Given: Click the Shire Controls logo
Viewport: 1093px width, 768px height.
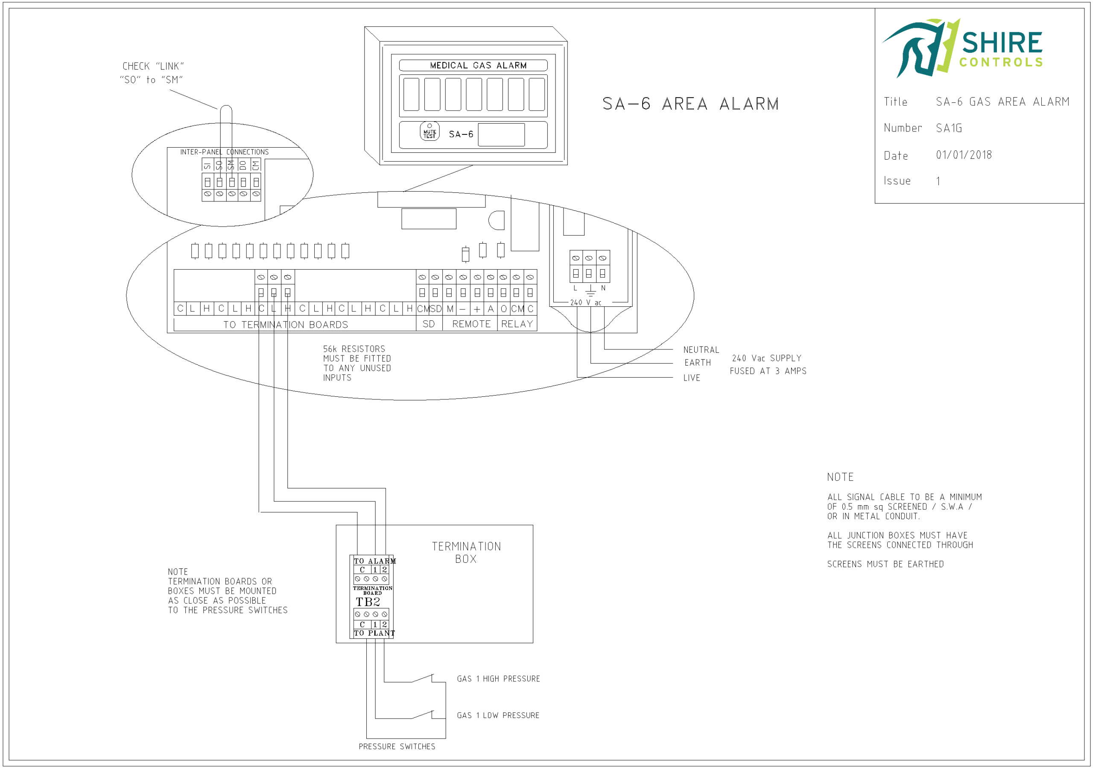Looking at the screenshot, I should coord(962,48).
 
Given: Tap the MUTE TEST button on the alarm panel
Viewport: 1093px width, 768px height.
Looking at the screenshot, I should coord(430,132).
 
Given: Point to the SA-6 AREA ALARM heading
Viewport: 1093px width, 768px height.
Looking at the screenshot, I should coord(690,104).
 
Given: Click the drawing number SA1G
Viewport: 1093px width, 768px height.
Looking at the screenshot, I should coord(949,128).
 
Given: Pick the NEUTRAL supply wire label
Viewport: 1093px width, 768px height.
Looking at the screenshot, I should coord(701,350).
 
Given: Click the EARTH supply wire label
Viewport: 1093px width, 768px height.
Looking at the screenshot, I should coord(697,363).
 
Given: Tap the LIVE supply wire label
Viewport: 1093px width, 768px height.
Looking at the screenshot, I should coord(692,378).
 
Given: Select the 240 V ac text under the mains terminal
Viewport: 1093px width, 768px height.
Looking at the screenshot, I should coord(585,303).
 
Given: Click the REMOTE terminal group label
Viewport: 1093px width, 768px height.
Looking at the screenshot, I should coord(471,324).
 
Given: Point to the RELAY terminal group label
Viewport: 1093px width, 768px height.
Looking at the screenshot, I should coord(517,324).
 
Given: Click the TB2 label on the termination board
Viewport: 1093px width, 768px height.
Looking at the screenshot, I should coord(368,602).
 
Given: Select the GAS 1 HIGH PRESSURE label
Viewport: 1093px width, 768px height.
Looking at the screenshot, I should coord(498,678).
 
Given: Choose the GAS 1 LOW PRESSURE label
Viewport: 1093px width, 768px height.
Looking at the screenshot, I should coord(498,715).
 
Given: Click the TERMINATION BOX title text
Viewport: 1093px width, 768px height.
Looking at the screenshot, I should coord(466,553).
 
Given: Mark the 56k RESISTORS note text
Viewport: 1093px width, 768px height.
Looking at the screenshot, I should coord(357,363).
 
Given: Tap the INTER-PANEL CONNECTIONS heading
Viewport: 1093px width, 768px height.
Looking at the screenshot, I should coord(224,152).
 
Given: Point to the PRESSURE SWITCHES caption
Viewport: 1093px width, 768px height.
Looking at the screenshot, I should coord(397,747).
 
